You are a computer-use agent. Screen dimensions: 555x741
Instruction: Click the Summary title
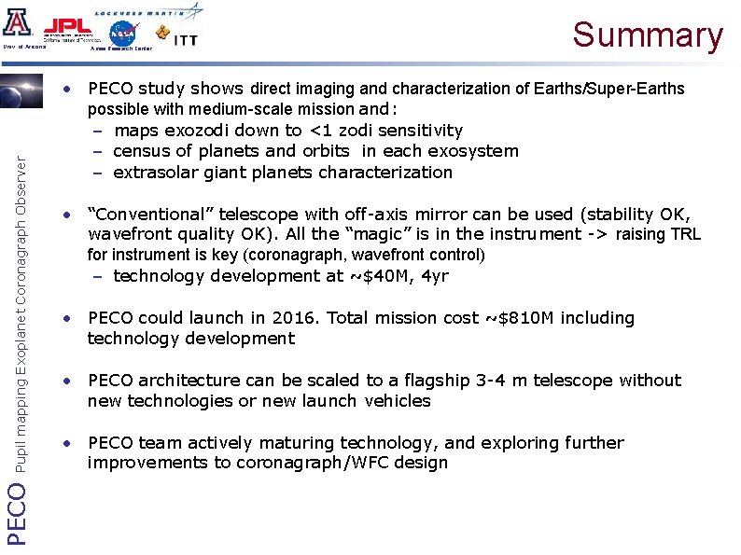[648, 35]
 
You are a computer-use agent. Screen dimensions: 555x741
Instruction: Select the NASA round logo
[121, 33]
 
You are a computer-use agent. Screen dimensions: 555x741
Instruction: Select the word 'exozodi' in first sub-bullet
[197, 131]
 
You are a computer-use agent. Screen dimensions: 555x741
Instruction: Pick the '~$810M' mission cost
[524, 318]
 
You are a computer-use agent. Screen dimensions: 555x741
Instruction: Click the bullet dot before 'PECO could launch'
[67, 318]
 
